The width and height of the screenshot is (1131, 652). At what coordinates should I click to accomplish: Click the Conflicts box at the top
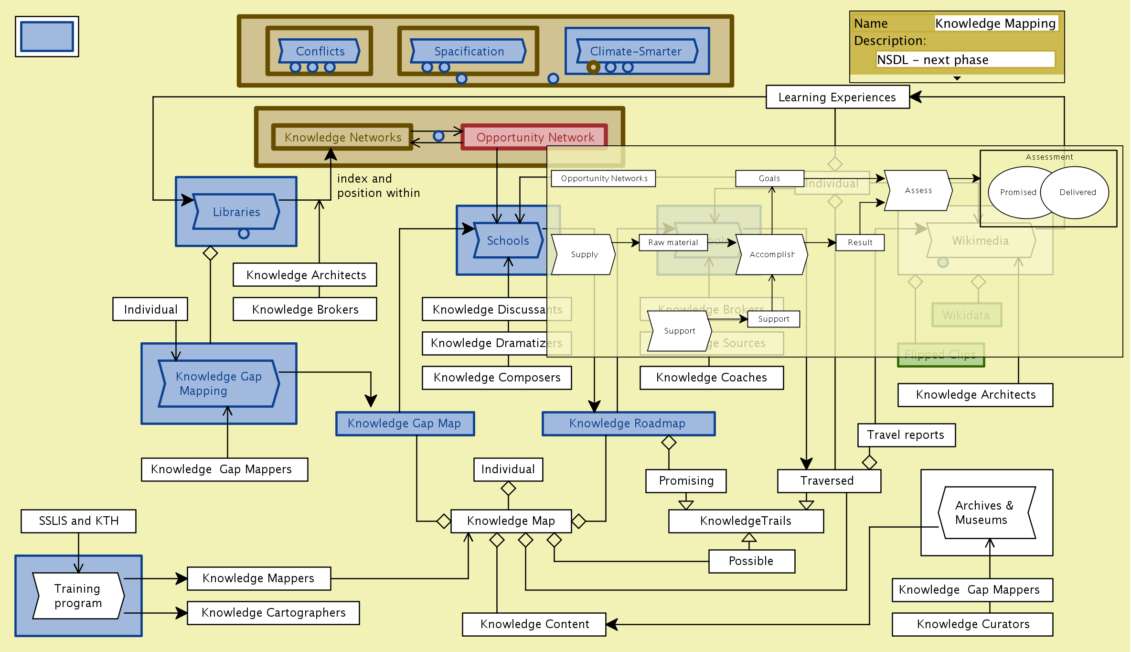(320, 51)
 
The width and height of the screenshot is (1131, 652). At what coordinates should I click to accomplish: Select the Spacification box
(469, 51)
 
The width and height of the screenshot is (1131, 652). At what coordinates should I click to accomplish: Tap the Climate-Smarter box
(636, 51)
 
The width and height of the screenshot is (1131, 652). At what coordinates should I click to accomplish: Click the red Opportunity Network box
(534, 137)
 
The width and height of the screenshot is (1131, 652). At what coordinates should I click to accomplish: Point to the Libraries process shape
(236, 212)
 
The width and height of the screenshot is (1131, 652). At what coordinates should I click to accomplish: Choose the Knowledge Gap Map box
(405, 424)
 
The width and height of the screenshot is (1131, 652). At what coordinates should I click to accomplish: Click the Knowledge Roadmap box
(628, 424)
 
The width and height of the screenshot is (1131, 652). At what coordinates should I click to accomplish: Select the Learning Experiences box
(837, 97)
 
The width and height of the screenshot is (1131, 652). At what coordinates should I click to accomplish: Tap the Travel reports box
(906, 435)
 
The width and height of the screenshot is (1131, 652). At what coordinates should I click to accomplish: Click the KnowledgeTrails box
(746, 521)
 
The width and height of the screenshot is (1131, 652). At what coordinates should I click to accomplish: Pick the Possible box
(751, 561)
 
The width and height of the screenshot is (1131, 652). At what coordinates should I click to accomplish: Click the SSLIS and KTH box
(78, 521)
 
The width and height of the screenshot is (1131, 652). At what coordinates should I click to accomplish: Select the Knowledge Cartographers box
(273, 613)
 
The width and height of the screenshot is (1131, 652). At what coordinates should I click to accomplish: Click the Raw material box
(673, 242)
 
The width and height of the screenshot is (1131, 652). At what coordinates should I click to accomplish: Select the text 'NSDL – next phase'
(933, 60)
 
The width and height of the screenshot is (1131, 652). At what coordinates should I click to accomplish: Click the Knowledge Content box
(534, 624)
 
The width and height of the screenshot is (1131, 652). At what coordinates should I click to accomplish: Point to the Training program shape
(78, 596)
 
